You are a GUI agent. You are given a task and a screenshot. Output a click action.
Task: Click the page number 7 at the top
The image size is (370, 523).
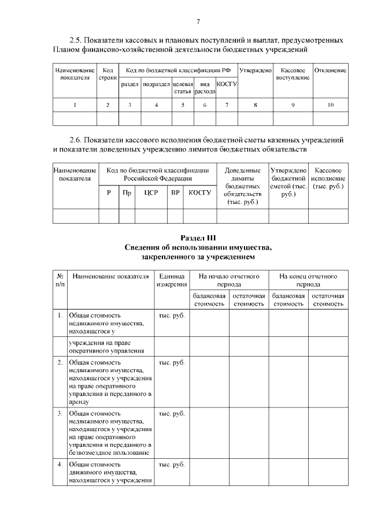pyautogui.click(x=198, y=22)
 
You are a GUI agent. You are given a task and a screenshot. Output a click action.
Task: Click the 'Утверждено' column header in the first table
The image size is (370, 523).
pyautogui.click(x=255, y=71)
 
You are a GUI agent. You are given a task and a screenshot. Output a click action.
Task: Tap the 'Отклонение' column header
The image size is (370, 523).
pyautogui.click(x=330, y=71)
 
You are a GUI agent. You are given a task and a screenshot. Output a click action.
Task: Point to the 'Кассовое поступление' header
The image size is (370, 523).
pyautogui.click(x=293, y=74)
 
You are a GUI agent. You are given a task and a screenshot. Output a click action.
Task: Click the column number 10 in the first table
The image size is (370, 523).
pyautogui.click(x=330, y=105)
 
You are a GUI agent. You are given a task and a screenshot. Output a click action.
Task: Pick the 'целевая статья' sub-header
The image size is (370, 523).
pyautogui.click(x=183, y=88)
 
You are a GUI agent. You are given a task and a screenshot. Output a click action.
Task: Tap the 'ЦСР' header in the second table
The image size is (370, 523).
pyautogui.click(x=151, y=192)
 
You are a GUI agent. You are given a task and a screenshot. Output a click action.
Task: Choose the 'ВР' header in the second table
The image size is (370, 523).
pyautogui.click(x=175, y=192)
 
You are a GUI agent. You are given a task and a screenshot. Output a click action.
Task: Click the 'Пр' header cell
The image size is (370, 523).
pyautogui.click(x=127, y=192)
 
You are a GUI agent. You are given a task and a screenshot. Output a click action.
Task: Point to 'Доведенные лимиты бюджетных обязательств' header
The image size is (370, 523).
pyautogui.click(x=242, y=186)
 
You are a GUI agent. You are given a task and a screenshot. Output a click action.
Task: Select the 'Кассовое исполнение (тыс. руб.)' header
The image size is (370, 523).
pyautogui.click(x=328, y=179)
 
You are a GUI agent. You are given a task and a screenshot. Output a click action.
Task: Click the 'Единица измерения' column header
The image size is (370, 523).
pyautogui.click(x=172, y=280)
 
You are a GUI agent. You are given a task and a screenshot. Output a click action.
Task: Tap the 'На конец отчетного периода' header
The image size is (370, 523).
pyautogui.click(x=308, y=280)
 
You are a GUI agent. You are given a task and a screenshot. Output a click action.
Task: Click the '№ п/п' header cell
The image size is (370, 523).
pyautogui.click(x=60, y=280)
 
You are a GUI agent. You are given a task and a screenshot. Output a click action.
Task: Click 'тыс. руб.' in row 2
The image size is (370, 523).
pyautogui.click(x=171, y=362)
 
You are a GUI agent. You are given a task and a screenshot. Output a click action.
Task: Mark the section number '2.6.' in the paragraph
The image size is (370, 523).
pyautogui.click(x=77, y=140)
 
